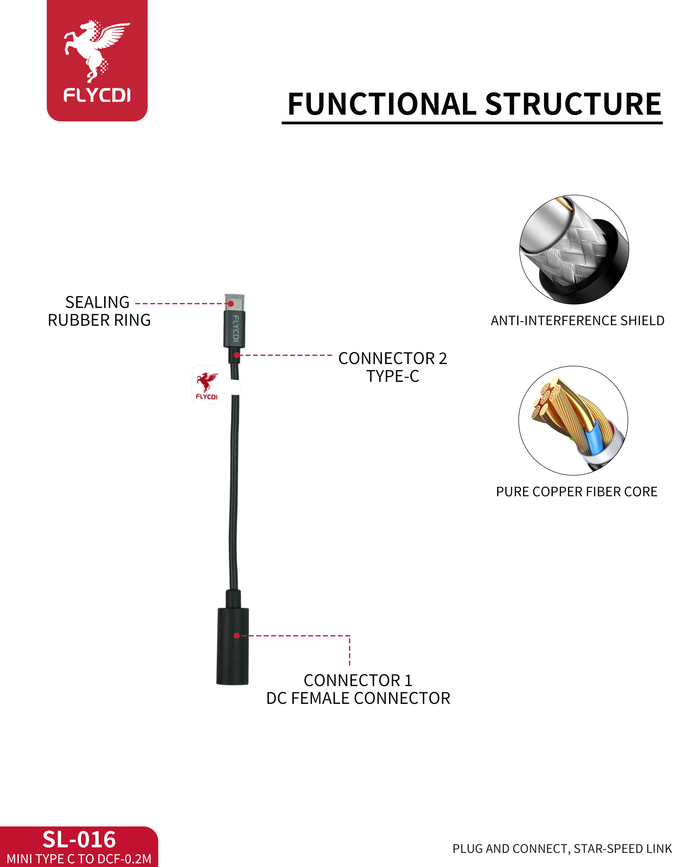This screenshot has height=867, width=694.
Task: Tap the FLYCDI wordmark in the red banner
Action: pos(97,96)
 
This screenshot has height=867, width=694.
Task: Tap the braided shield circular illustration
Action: pos(574,249)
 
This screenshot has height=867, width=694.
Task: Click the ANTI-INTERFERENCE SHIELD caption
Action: pos(577,321)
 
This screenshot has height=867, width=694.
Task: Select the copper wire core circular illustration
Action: pos(573,420)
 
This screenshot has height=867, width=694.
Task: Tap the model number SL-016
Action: pos(79,840)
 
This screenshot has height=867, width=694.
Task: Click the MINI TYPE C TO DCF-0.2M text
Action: pos(79,859)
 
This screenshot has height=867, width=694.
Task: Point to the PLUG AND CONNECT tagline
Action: pos(562,848)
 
